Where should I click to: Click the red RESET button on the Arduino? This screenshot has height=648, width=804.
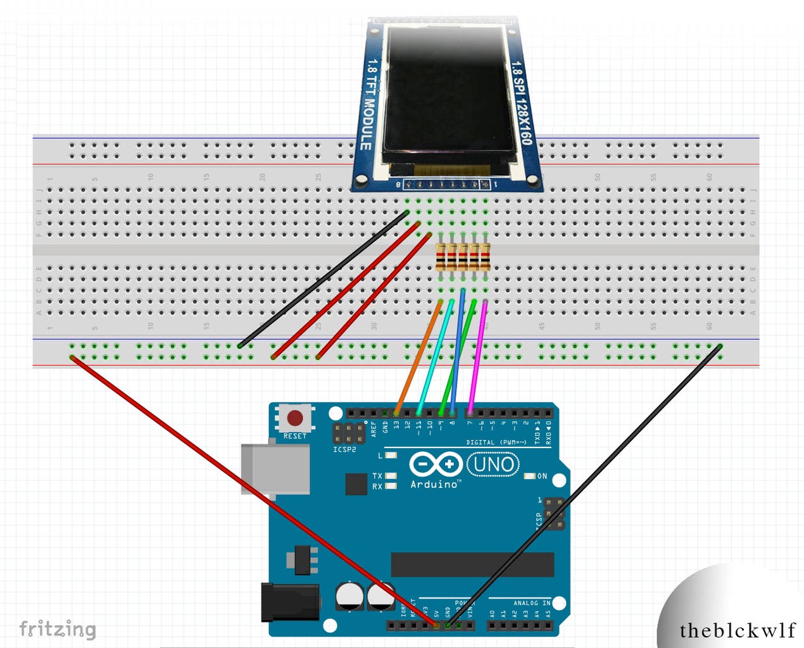click(x=295, y=418)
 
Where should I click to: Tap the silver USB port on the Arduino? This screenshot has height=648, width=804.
click(x=275, y=469)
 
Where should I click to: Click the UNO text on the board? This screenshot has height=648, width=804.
click(x=493, y=465)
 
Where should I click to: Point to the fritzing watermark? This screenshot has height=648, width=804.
click(x=58, y=629)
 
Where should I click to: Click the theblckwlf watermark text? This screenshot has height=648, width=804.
click(x=737, y=630)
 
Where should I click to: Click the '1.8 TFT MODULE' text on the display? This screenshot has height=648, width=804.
click(x=369, y=104)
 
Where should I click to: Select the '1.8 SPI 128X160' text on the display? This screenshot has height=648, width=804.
click(x=522, y=101)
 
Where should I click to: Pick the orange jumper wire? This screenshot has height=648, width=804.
click(x=418, y=358)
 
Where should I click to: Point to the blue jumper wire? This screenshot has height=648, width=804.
click(x=458, y=354)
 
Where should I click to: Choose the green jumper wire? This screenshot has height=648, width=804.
click(x=458, y=358)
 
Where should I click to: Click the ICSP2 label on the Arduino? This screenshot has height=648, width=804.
click(x=344, y=449)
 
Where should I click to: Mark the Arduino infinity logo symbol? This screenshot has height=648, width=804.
click(x=436, y=464)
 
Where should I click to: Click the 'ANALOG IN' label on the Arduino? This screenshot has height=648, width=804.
click(x=531, y=603)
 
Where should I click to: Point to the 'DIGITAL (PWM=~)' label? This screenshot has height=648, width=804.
click(x=496, y=442)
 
